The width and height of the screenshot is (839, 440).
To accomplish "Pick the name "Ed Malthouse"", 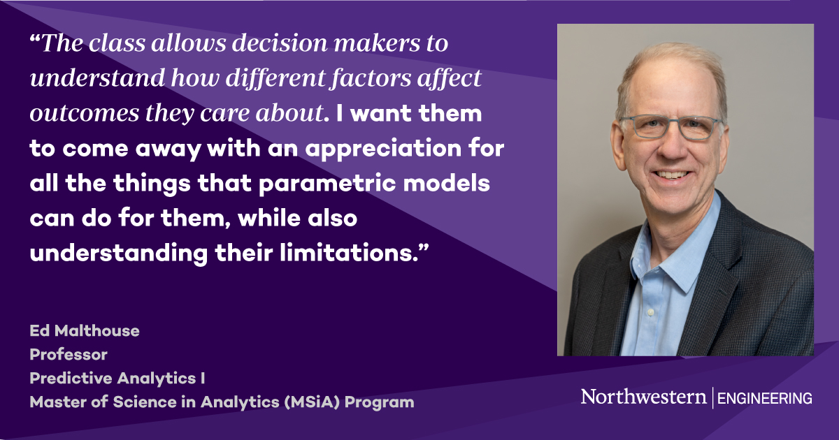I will (x=85, y=331).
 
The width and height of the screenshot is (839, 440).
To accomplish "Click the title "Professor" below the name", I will (x=69, y=355).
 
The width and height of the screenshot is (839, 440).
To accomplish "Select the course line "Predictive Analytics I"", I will (x=117, y=379).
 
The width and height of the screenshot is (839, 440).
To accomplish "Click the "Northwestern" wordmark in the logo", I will (x=643, y=397).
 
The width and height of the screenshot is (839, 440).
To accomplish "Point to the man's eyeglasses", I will (x=671, y=127).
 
